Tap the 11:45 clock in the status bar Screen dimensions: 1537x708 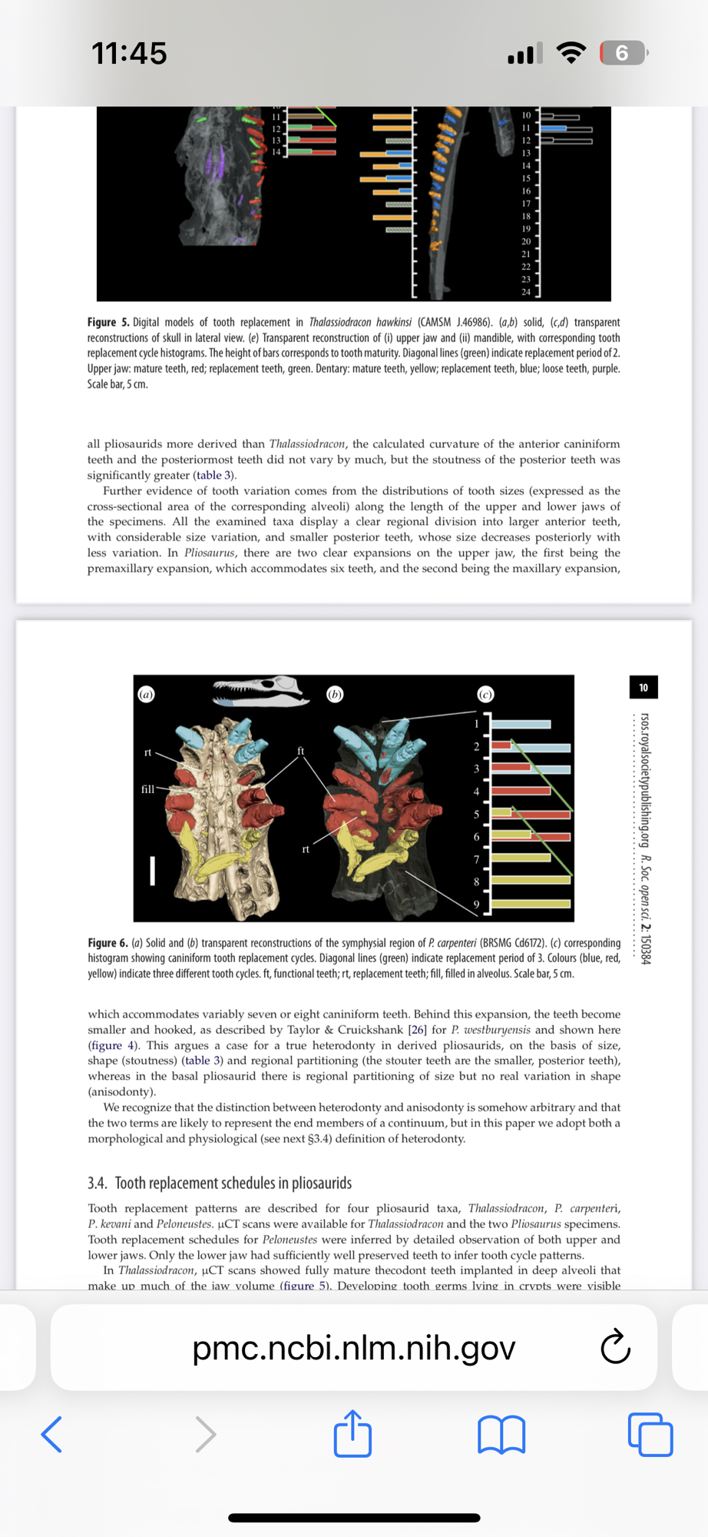tap(129, 54)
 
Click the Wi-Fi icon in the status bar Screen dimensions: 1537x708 tap(571, 52)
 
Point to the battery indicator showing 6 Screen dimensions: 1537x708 tap(623, 53)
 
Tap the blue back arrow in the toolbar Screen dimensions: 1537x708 tap(51, 1434)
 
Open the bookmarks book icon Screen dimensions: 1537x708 tap(501, 1435)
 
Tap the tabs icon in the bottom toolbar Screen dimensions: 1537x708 tap(650, 1435)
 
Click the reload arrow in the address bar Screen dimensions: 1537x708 tap(615, 1347)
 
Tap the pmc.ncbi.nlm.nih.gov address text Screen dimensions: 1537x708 tap(354, 1347)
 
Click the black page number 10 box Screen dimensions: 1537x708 tap(643, 687)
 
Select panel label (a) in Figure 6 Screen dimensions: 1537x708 tap(146, 694)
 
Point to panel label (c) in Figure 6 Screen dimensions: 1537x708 tap(485, 694)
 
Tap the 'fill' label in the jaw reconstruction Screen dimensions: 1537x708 tap(147, 788)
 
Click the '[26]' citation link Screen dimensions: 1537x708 tap(417, 1030)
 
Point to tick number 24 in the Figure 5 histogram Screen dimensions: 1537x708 tap(526, 292)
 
